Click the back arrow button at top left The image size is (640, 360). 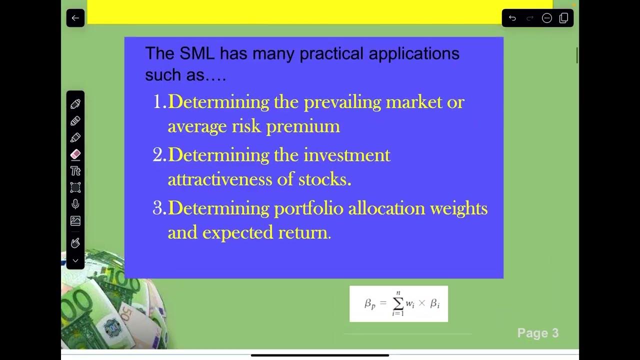[75, 18]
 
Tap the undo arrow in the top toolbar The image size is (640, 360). [512, 18]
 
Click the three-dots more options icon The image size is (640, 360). [546, 18]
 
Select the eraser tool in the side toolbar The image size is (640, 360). [75, 154]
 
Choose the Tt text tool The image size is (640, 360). [75, 171]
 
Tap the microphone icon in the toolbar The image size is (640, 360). [75, 204]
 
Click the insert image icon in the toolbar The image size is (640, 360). [75, 220]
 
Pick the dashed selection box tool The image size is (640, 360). [75, 187]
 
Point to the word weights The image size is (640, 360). [459, 208]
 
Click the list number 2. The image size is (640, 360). [158, 155]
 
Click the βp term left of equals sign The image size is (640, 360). [370, 303]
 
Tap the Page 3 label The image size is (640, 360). [537, 333]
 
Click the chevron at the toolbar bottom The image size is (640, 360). [75, 260]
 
